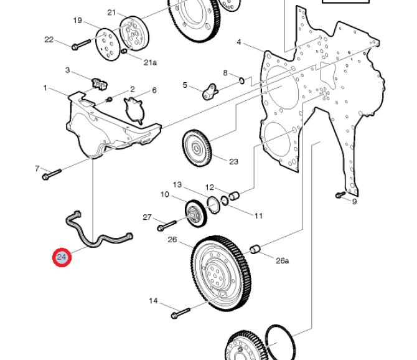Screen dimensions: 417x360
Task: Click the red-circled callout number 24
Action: pyautogui.click(x=62, y=257)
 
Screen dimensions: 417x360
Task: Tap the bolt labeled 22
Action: pyautogui.click(x=82, y=44)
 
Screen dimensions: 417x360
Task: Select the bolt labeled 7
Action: pyautogui.click(x=52, y=174)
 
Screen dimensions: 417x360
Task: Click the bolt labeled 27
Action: pyautogui.click(x=167, y=225)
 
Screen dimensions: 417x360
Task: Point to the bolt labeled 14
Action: pyautogui.click(x=181, y=313)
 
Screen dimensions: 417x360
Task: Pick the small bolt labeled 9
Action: pyautogui.click(x=340, y=194)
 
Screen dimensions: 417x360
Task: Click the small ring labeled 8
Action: pyautogui.click(x=241, y=80)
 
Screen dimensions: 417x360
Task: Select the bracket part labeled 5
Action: pyautogui.click(x=210, y=92)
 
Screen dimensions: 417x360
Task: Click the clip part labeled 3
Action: pyautogui.click(x=100, y=83)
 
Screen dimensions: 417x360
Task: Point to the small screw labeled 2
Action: pyautogui.click(x=109, y=100)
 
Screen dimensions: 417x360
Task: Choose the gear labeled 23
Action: pyautogui.click(x=197, y=148)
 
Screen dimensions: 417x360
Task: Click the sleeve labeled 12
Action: pyautogui.click(x=234, y=196)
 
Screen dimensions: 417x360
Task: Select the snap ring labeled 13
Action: pyautogui.click(x=213, y=205)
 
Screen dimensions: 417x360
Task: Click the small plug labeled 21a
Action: pyautogui.click(x=124, y=51)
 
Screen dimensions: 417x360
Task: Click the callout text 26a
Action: pyautogui.click(x=282, y=261)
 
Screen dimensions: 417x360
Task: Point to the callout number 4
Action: pyautogui.click(x=238, y=42)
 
